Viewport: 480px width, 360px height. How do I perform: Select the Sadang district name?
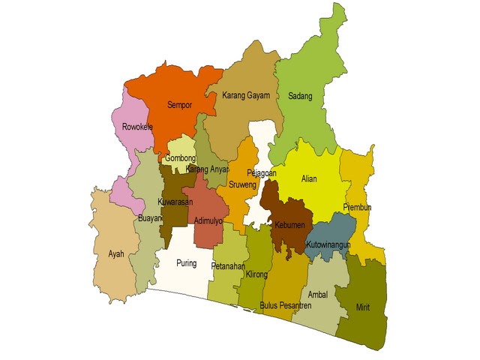tap(300, 96)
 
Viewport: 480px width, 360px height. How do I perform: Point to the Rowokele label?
tap(137, 127)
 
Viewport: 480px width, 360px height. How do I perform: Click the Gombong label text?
tap(180, 158)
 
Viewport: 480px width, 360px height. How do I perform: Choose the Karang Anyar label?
tap(207, 169)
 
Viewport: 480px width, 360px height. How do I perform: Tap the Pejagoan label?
tap(262, 173)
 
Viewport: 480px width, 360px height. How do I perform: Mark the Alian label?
tap(309, 179)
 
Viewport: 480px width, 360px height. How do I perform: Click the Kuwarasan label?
tap(175, 202)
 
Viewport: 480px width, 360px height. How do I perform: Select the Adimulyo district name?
tap(208, 220)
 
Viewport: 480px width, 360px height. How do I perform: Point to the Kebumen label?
tap(289, 225)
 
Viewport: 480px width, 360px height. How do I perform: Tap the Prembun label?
tap(357, 207)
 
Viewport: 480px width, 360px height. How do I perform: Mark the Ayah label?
tap(116, 254)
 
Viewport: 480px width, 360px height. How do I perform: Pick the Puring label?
tap(186, 263)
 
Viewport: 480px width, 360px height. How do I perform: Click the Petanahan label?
tap(228, 265)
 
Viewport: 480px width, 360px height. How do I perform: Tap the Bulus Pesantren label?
tap(285, 305)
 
